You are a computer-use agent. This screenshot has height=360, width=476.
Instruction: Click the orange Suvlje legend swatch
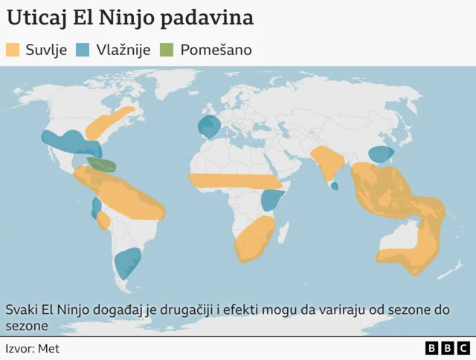(13, 51)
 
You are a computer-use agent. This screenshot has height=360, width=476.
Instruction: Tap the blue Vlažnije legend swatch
(83, 51)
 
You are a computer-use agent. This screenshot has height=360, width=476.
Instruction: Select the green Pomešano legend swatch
(167, 51)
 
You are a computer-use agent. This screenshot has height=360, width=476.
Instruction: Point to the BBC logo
(447, 348)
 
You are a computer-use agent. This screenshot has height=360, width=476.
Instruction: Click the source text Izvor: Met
(32, 348)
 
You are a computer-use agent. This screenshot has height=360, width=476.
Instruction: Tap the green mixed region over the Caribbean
(101, 164)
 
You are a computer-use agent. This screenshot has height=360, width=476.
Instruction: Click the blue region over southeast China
(382, 155)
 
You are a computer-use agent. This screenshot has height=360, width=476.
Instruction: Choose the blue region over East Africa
(273, 200)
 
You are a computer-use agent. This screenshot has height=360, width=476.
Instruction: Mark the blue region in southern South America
(128, 263)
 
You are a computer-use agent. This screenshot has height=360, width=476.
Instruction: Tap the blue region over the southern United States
(71, 141)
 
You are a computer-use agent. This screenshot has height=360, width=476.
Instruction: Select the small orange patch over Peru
(105, 221)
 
